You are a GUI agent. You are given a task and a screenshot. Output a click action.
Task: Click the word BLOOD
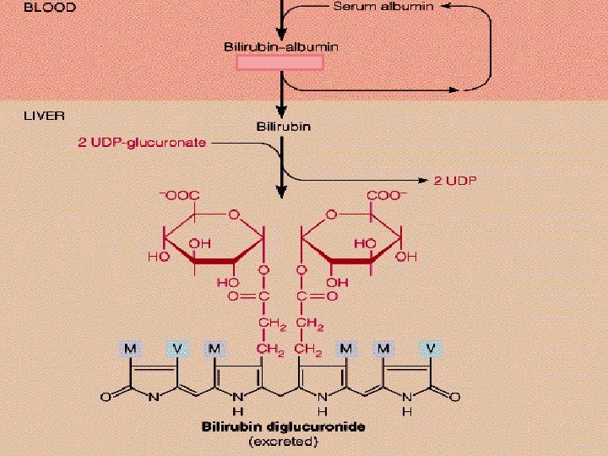pos(49,8)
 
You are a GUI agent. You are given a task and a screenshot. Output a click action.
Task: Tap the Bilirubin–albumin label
pos(281,47)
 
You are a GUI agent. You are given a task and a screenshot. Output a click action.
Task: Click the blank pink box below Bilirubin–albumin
pos(280,63)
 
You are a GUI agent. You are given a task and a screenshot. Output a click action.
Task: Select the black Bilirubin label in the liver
pos(284,127)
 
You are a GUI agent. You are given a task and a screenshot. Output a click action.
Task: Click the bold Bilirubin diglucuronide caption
pos(283,426)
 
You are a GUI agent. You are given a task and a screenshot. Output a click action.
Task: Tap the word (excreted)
pos(283,441)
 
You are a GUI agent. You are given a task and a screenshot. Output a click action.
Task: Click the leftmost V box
pos(177,348)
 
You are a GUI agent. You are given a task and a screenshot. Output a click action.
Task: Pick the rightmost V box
pos(431,348)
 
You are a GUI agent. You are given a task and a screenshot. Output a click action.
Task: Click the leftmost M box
pos(131,348)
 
